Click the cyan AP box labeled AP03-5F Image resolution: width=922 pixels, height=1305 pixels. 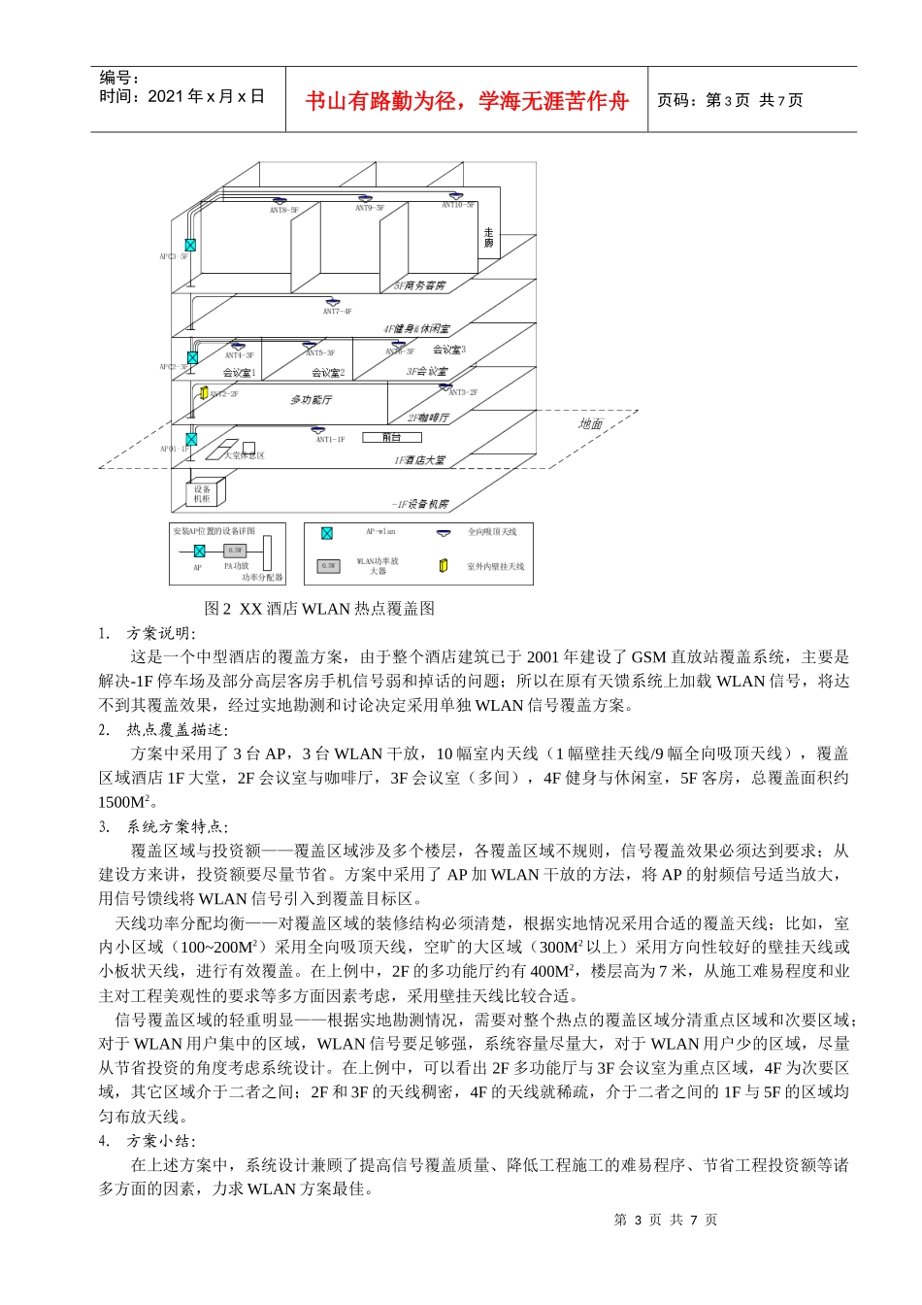click(x=190, y=245)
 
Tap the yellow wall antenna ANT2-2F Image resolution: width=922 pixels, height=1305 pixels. click(x=204, y=392)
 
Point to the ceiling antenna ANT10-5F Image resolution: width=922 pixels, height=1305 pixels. click(x=456, y=196)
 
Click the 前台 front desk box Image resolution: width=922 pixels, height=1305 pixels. click(x=391, y=438)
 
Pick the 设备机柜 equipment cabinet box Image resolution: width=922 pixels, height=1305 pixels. click(x=202, y=493)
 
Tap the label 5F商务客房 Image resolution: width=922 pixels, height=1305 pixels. click(x=419, y=286)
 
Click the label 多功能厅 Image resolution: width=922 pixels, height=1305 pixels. click(x=311, y=400)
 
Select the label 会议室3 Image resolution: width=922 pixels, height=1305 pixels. click(x=448, y=350)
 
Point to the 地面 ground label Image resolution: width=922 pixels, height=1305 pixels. click(x=590, y=423)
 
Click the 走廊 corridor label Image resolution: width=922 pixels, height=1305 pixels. click(x=488, y=237)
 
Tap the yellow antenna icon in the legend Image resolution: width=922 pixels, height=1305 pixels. click(x=444, y=565)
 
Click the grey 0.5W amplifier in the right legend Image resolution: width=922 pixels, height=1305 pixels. click(x=329, y=565)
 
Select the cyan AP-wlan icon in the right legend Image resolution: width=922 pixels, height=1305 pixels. click(x=327, y=532)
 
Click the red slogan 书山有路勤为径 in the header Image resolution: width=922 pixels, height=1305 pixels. click(x=467, y=100)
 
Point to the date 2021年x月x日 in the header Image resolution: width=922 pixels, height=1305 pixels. click(x=206, y=96)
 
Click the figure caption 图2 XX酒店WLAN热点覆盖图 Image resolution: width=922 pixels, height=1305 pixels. click(x=319, y=609)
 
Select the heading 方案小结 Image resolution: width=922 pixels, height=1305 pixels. click(x=160, y=1141)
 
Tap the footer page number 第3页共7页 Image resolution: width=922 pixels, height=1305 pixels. click(x=665, y=1220)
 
